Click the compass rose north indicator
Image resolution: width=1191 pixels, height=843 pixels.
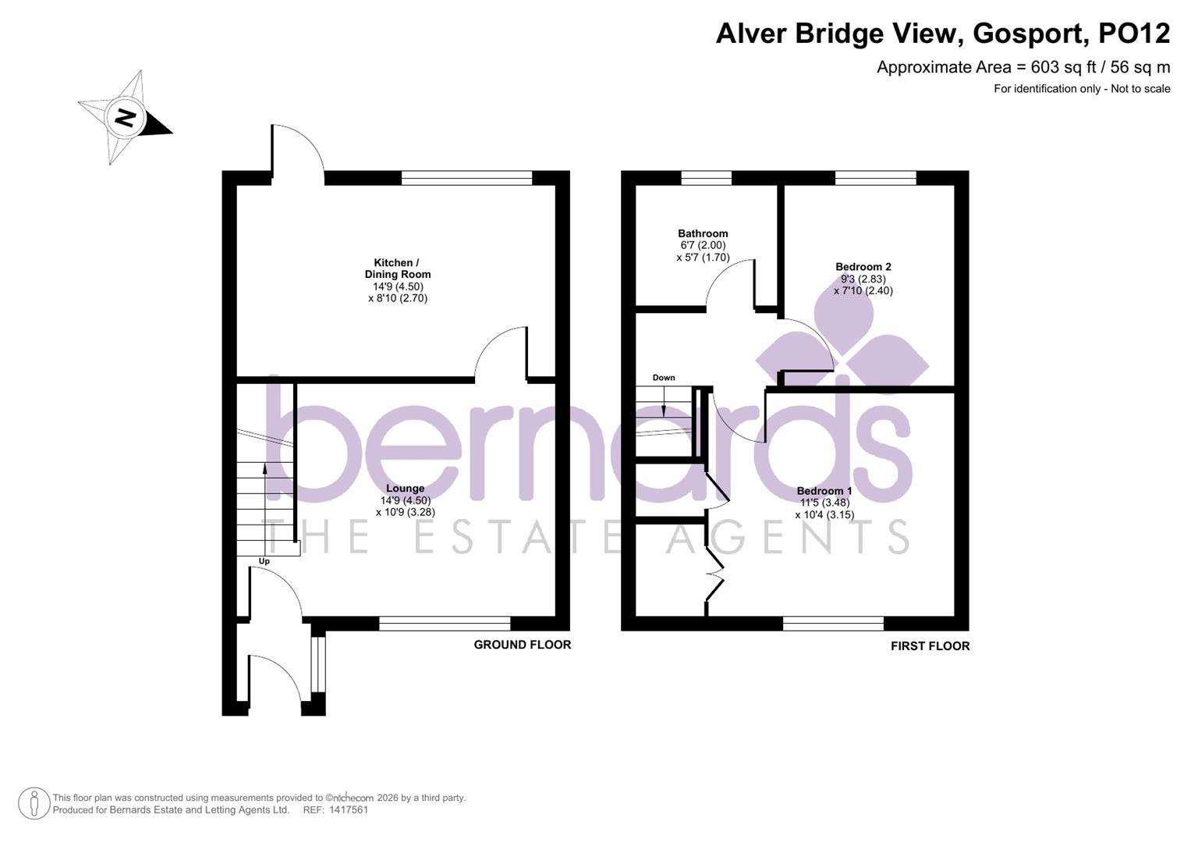(x=125, y=118)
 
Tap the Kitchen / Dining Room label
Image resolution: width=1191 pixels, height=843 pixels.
(x=397, y=269)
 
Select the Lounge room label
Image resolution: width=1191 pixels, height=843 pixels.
(x=404, y=489)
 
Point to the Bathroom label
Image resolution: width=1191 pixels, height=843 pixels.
(x=702, y=233)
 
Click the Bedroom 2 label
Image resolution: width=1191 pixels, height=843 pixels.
(x=863, y=267)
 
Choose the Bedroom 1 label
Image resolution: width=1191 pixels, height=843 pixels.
(x=823, y=491)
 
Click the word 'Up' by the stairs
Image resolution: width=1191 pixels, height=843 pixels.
(x=264, y=561)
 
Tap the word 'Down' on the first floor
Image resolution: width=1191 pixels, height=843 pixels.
(x=663, y=378)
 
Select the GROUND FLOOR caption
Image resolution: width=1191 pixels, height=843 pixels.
(x=522, y=645)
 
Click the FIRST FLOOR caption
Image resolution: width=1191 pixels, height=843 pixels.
(x=930, y=646)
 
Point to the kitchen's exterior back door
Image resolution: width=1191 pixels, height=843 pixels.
(x=297, y=155)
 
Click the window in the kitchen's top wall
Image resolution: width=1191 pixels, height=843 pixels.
(x=466, y=178)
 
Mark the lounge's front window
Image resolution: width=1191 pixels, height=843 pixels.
(x=445, y=623)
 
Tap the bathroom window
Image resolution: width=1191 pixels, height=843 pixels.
(x=706, y=178)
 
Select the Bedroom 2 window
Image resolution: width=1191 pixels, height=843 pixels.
(x=875, y=178)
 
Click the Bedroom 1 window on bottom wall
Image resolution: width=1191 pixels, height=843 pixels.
(x=833, y=623)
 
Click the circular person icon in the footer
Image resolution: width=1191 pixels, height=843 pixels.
(x=34, y=803)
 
